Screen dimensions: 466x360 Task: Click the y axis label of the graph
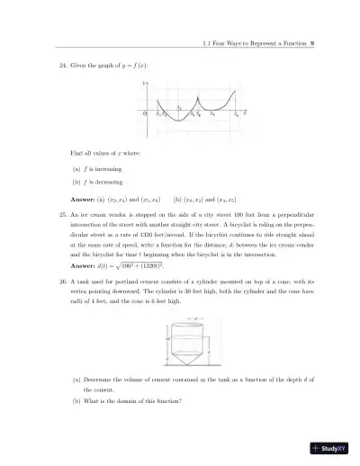pos(144,83)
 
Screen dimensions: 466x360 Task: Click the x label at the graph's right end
pos(247,114)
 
